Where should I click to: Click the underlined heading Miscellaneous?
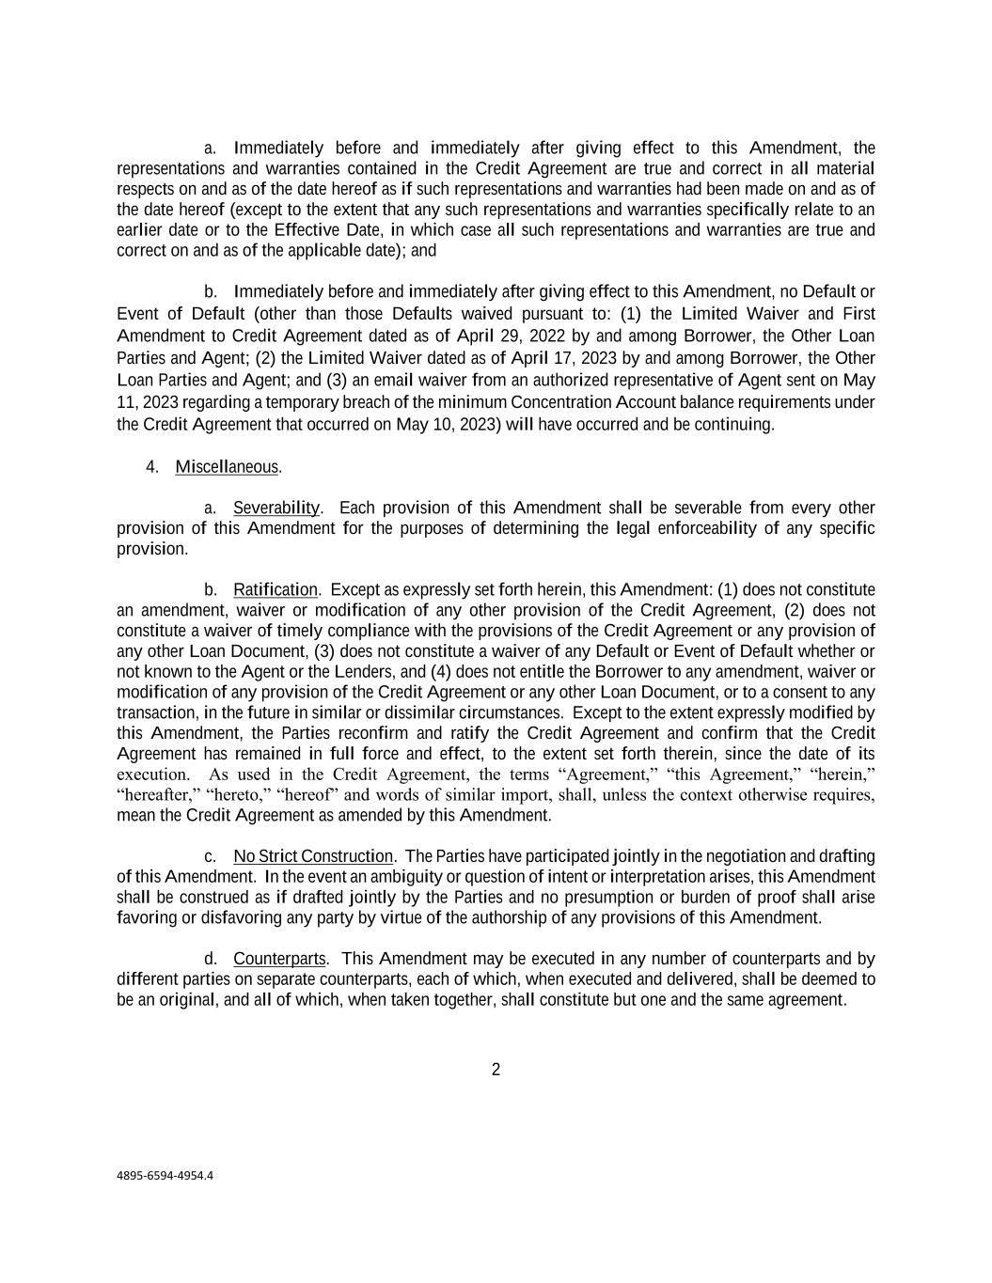pyautogui.click(x=227, y=467)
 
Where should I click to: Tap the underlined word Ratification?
pyautogui.click(x=276, y=590)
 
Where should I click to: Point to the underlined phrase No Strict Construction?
pyautogui.click(x=313, y=856)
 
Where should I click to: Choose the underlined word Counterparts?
pyautogui.click(x=279, y=959)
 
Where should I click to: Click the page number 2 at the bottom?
pyautogui.click(x=496, y=1070)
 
